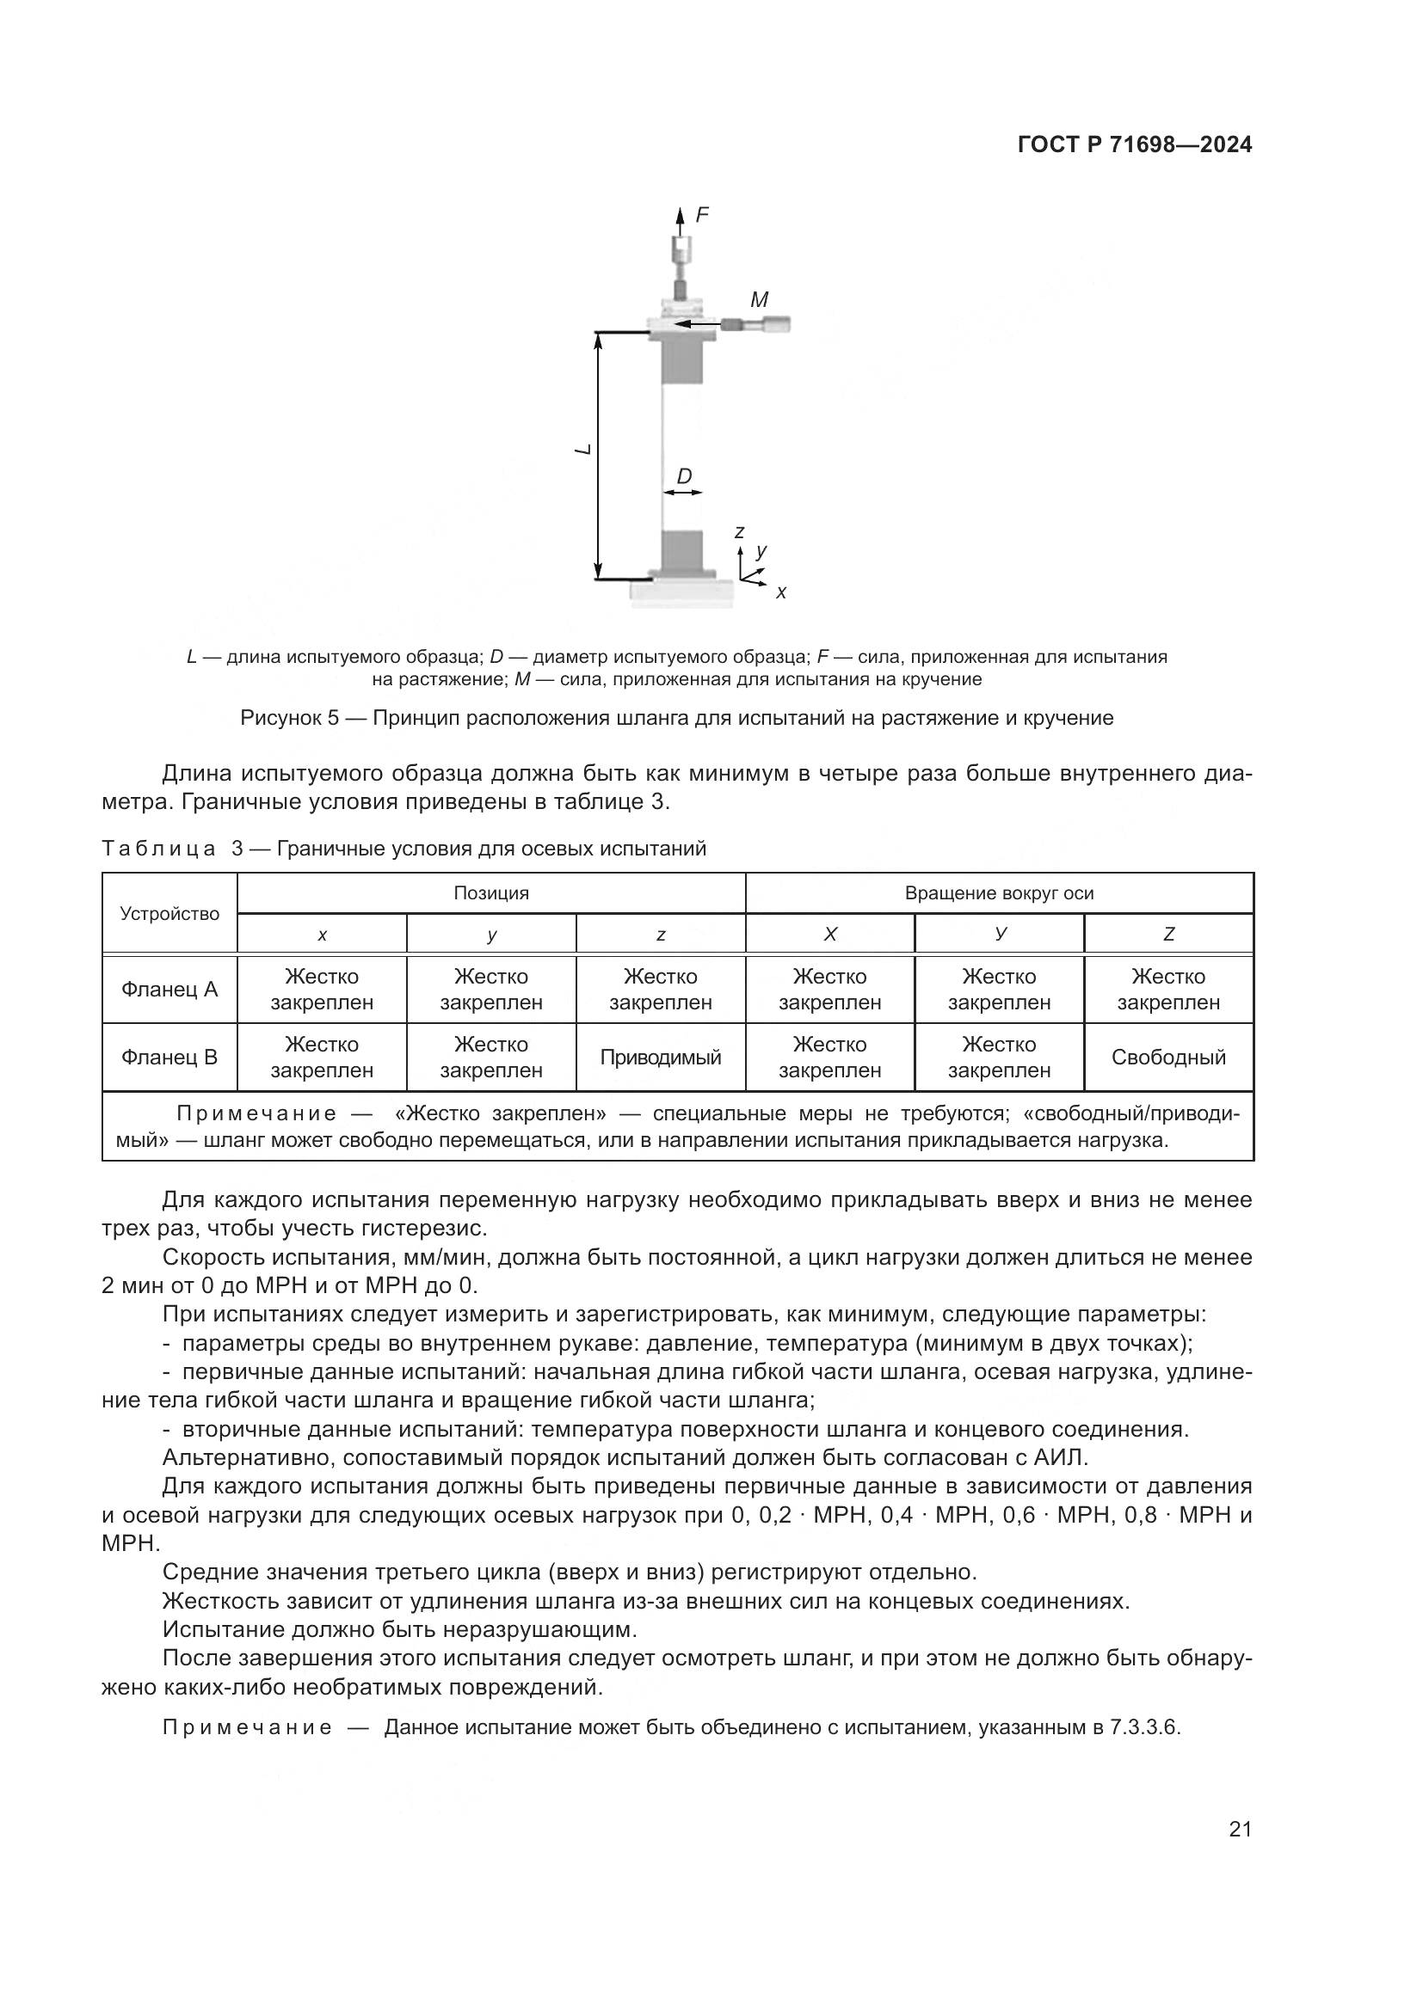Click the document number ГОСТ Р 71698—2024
coord(1134,145)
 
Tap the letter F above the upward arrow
coord(702,215)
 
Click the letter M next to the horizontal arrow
coord(759,300)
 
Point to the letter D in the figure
coord(684,476)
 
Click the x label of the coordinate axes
coord(781,593)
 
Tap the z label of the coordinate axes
coord(740,531)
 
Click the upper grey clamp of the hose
coord(681,362)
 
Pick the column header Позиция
coord(490,893)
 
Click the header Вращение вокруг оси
coord(999,893)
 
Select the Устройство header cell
coord(169,914)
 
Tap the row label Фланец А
coord(169,990)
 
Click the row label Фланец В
coord(169,1058)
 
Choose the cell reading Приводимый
coord(661,1058)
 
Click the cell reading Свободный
coord(1168,1058)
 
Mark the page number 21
coord(1240,1829)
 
